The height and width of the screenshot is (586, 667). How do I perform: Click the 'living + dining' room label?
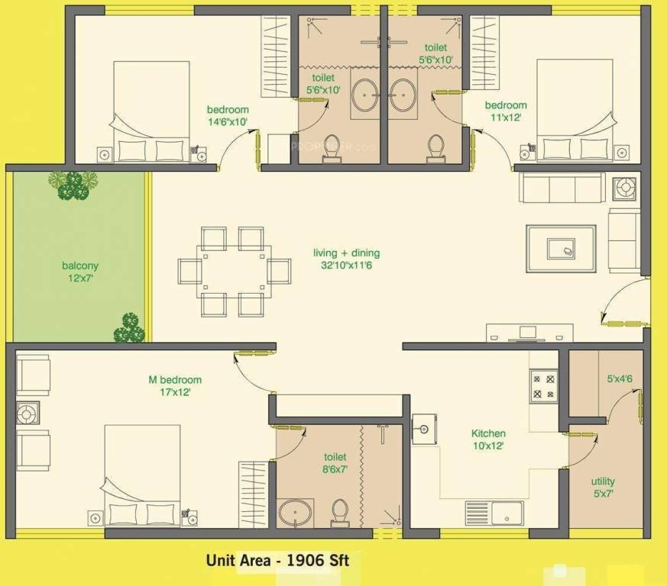click(x=346, y=259)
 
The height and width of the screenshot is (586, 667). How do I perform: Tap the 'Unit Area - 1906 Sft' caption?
click(x=277, y=561)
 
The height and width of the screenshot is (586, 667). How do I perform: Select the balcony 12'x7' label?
click(x=80, y=272)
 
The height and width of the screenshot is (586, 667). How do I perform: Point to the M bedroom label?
click(x=175, y=385)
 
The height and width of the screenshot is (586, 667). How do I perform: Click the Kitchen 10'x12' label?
click(x=488, y=439)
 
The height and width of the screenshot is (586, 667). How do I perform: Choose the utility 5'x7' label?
click(x=603, y=487)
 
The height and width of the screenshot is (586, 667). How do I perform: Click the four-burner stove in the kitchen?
click(x=543, y=385)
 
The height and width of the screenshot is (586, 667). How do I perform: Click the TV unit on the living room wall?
click(x=529, y=334)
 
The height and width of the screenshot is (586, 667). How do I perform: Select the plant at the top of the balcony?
click(x=73, y=185)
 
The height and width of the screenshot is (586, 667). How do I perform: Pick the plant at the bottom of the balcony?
click(x=129, y=328)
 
